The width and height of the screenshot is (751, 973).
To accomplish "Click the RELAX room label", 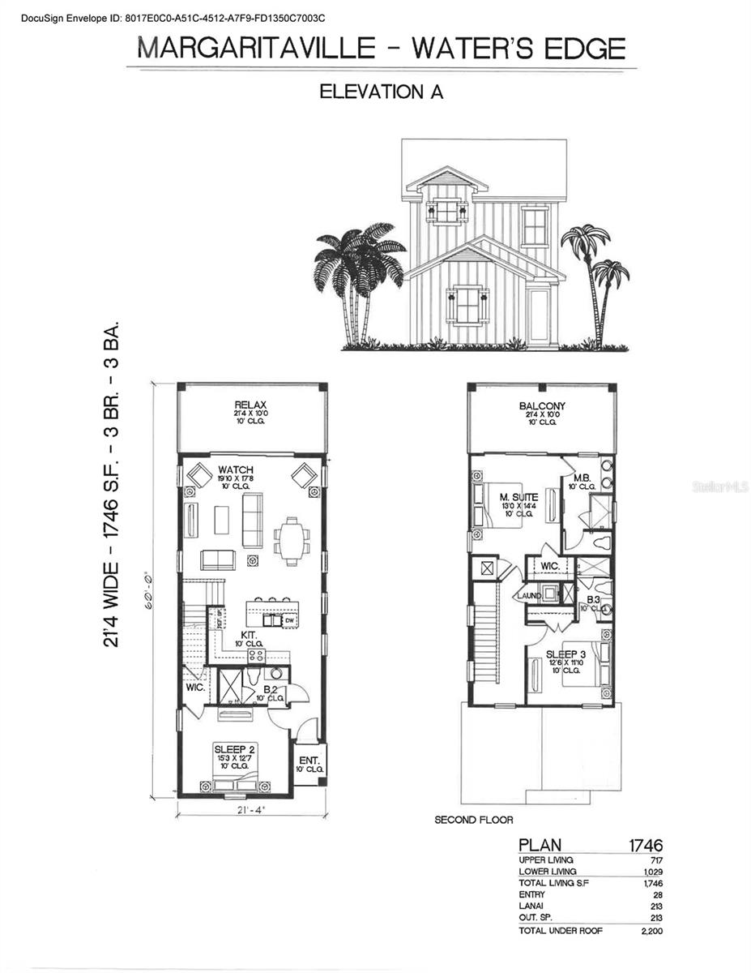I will click(250, 405).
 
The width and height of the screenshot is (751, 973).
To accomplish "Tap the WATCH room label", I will click(235, 470).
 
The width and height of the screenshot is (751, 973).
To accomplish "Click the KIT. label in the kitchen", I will click(248, 636).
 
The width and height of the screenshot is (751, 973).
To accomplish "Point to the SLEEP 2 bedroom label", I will click(235, 748).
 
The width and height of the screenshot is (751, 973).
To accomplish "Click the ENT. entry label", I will click(309, 760).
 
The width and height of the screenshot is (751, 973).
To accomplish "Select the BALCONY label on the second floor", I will click(542, 406).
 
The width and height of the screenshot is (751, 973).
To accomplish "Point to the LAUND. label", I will click(529, 595).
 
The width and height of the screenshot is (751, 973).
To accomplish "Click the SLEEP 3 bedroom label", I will click(565, 654).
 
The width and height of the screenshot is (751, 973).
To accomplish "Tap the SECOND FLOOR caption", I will click(474, 820).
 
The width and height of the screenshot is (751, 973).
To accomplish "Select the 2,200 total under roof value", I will click(651, 931).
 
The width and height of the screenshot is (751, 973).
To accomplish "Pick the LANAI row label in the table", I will click(531, 906).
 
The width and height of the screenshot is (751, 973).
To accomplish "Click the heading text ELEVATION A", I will click(381, 92).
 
